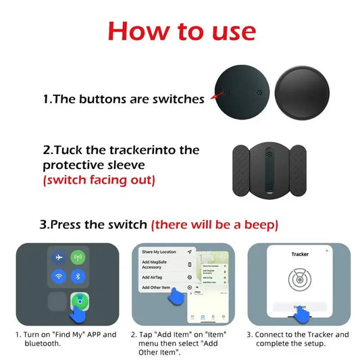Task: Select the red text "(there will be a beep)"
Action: (x=214, y=224)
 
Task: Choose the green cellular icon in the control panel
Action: (x=77, y=258)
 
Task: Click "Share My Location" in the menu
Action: (x=160, y=252)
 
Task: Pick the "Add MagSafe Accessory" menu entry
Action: (x=156, y=264)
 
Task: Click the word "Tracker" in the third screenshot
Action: (x=300, y=255)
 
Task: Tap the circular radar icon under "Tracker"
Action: (x=300, y=279)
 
